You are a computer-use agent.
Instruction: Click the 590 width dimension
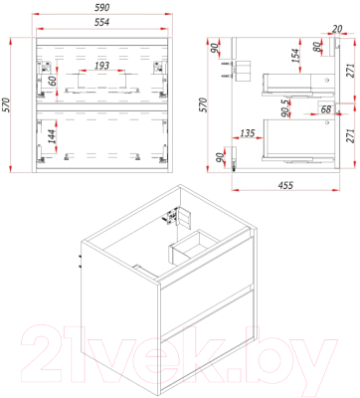[x=102, y=7]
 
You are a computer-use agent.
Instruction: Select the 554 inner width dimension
[x=102, y=22]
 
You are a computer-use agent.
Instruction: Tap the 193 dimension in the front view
[x=101, y=66]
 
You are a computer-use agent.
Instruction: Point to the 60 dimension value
[x=52, y=81]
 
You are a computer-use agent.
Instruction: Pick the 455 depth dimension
[x=285, y=185]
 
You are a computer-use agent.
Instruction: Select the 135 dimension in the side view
[x=248, y=133]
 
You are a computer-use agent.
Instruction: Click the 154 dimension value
[x=295, y=56]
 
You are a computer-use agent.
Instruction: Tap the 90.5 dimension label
[x=285, y=108]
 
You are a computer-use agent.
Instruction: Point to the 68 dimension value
[x=326, y=108]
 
